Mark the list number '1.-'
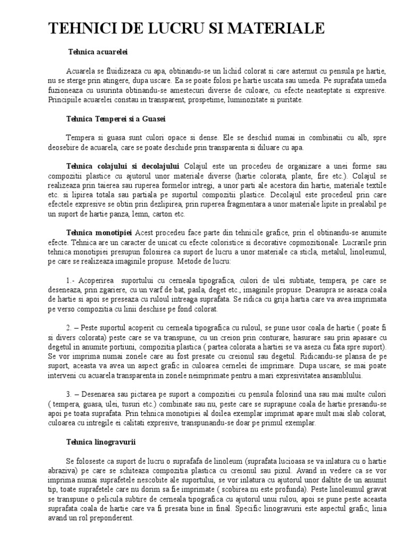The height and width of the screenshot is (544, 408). tap(72, 279)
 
